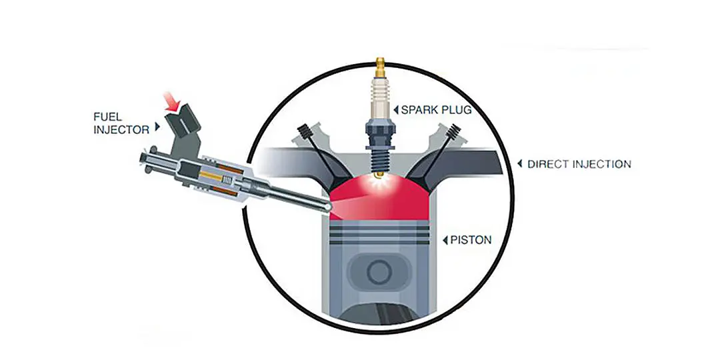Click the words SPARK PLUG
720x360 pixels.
[x=436, y=110]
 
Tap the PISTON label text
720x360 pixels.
[x=471, y=240]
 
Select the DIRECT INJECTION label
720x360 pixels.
[x=579, y=164]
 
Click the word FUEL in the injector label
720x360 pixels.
[x=108, y=117]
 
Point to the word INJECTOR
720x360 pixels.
[x=122, y=130]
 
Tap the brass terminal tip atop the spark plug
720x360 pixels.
[x=380, y=67]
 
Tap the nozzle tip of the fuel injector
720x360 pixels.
[x=327, y=207]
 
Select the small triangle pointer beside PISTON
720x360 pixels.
[x=445, y=240]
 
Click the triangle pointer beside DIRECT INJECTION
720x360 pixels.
[x=520, y=164]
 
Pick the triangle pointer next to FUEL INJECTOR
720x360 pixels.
[x=157, y=126]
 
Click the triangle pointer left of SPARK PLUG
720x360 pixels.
[x=396, y=110]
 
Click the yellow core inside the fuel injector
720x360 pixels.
[x=212, y=176]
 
